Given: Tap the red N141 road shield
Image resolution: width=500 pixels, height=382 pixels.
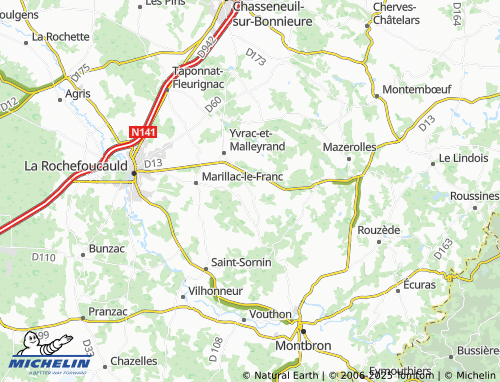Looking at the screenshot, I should click(142, 131).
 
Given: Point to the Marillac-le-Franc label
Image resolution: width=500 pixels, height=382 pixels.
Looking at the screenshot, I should click(243, 177).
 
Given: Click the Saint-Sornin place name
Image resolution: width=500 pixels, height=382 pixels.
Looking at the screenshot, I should click(241, 262).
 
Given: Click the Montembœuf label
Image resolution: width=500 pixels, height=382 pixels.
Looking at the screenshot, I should click(419, 89).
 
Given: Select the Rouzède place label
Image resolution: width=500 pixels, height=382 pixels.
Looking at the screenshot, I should click(379, 230).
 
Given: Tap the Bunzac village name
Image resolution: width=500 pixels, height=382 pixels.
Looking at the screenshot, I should click(107, 247).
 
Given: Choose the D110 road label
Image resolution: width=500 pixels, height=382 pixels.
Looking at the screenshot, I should click(43, 258).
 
